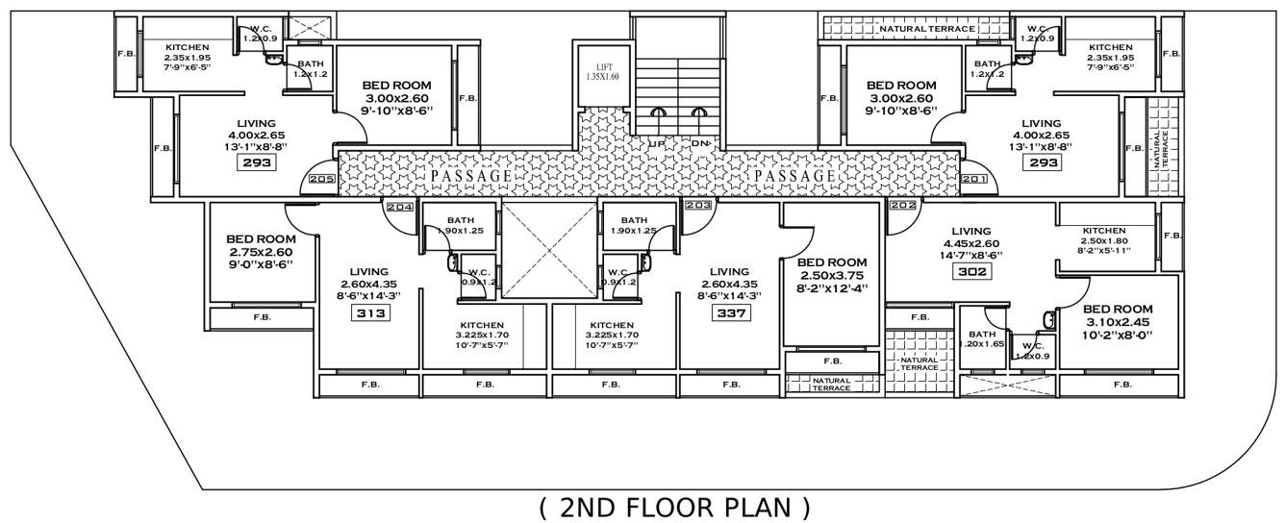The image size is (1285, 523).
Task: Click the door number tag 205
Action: coord(322,179)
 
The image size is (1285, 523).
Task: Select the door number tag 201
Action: coord(974,179)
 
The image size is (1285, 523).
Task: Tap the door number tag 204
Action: coord(398,206)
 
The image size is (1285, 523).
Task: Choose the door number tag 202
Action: coord(902,206)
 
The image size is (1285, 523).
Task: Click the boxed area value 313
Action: coord(370,313)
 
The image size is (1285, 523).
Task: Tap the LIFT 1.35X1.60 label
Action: coord(600,70)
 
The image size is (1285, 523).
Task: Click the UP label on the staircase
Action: coord(657,143)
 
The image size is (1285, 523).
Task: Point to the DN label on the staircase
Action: coord(700,143)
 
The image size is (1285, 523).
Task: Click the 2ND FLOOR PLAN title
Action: coord(673,506)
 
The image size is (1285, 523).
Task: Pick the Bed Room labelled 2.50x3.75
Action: coord(832,274)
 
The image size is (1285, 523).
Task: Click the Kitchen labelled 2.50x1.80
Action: coord(1103,240)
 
